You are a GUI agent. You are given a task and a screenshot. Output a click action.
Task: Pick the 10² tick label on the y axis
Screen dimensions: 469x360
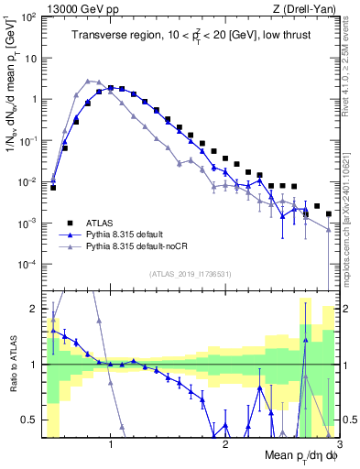29,16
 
